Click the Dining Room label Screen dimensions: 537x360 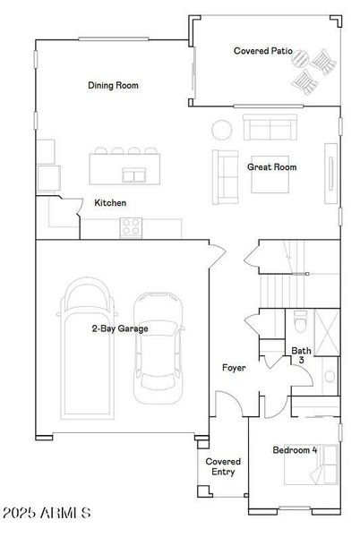tap(113, 86)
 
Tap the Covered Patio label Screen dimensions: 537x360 tap(259, 52)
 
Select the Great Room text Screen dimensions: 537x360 tap(272, 166)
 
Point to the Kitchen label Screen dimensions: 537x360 tap(110, 203)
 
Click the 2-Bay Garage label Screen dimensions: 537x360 tap(120, 328)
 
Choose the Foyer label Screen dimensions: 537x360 tap(235, 368)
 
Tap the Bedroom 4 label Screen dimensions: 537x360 tap(295, 449)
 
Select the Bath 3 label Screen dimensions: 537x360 tap(301, 354)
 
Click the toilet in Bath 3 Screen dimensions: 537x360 tap(301, 320)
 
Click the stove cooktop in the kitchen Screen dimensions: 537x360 tap(131, 228)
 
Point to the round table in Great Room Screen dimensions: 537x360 tap(221, 129)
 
